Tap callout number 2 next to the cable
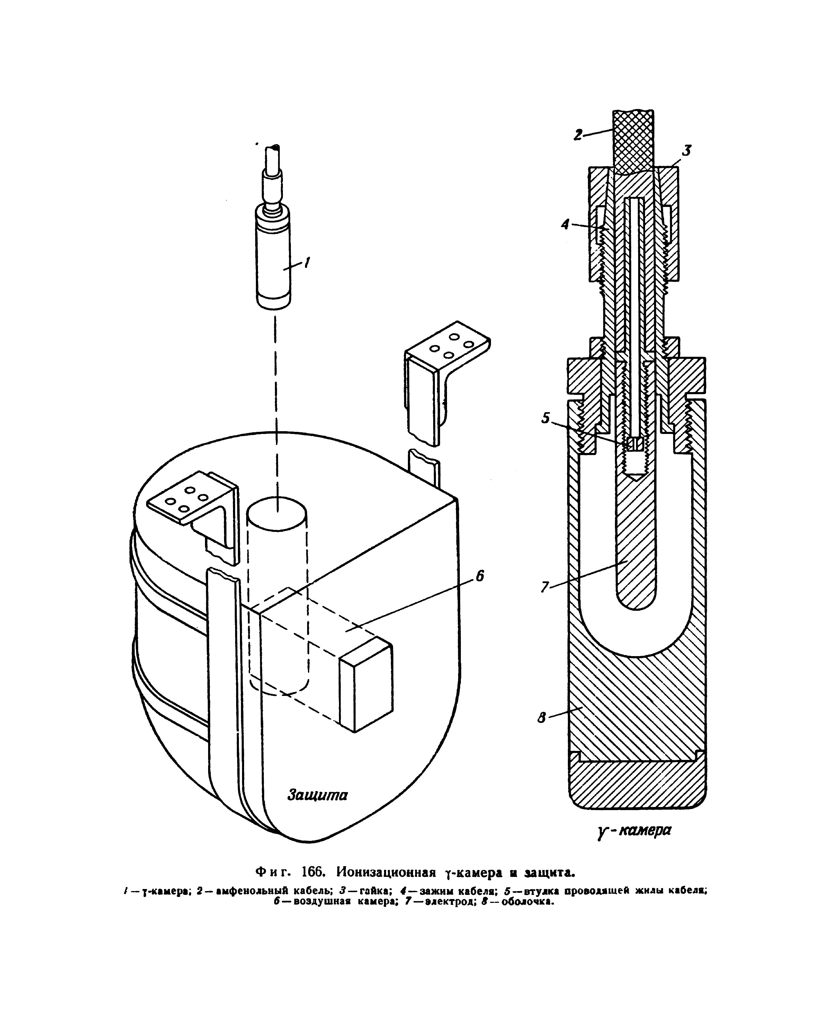[579, 135]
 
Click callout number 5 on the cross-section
[546, 418]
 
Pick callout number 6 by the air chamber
[480, 576]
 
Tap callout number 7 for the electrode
[545, 587]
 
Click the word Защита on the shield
[318, 795]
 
